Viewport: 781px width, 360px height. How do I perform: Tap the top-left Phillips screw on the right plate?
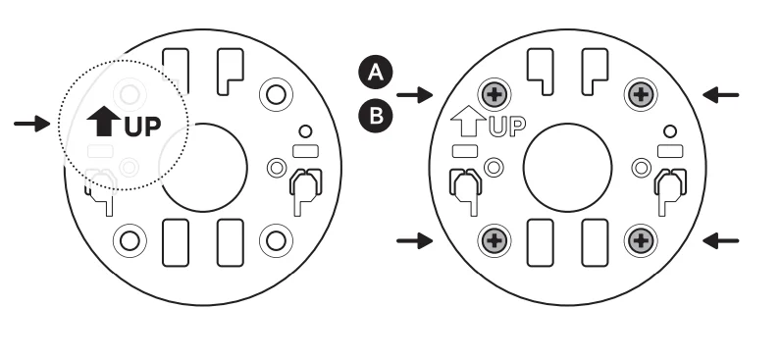(x=494, y=95)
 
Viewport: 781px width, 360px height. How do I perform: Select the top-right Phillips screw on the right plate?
(x=640, y=95)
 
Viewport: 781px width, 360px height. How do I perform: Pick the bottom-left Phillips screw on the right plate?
(x=494, y=239)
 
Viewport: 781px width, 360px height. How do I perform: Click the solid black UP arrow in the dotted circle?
(x=101, y=123)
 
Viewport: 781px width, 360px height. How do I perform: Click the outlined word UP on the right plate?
(x=504, y=126)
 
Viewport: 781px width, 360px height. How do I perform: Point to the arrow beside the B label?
(x=419, y=95)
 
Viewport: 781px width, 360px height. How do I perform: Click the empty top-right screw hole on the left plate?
(x=275, y=94)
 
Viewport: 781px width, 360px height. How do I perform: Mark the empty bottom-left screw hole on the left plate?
(x=130, y=239)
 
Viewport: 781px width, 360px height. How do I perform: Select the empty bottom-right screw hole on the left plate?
(x=275, y=239)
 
